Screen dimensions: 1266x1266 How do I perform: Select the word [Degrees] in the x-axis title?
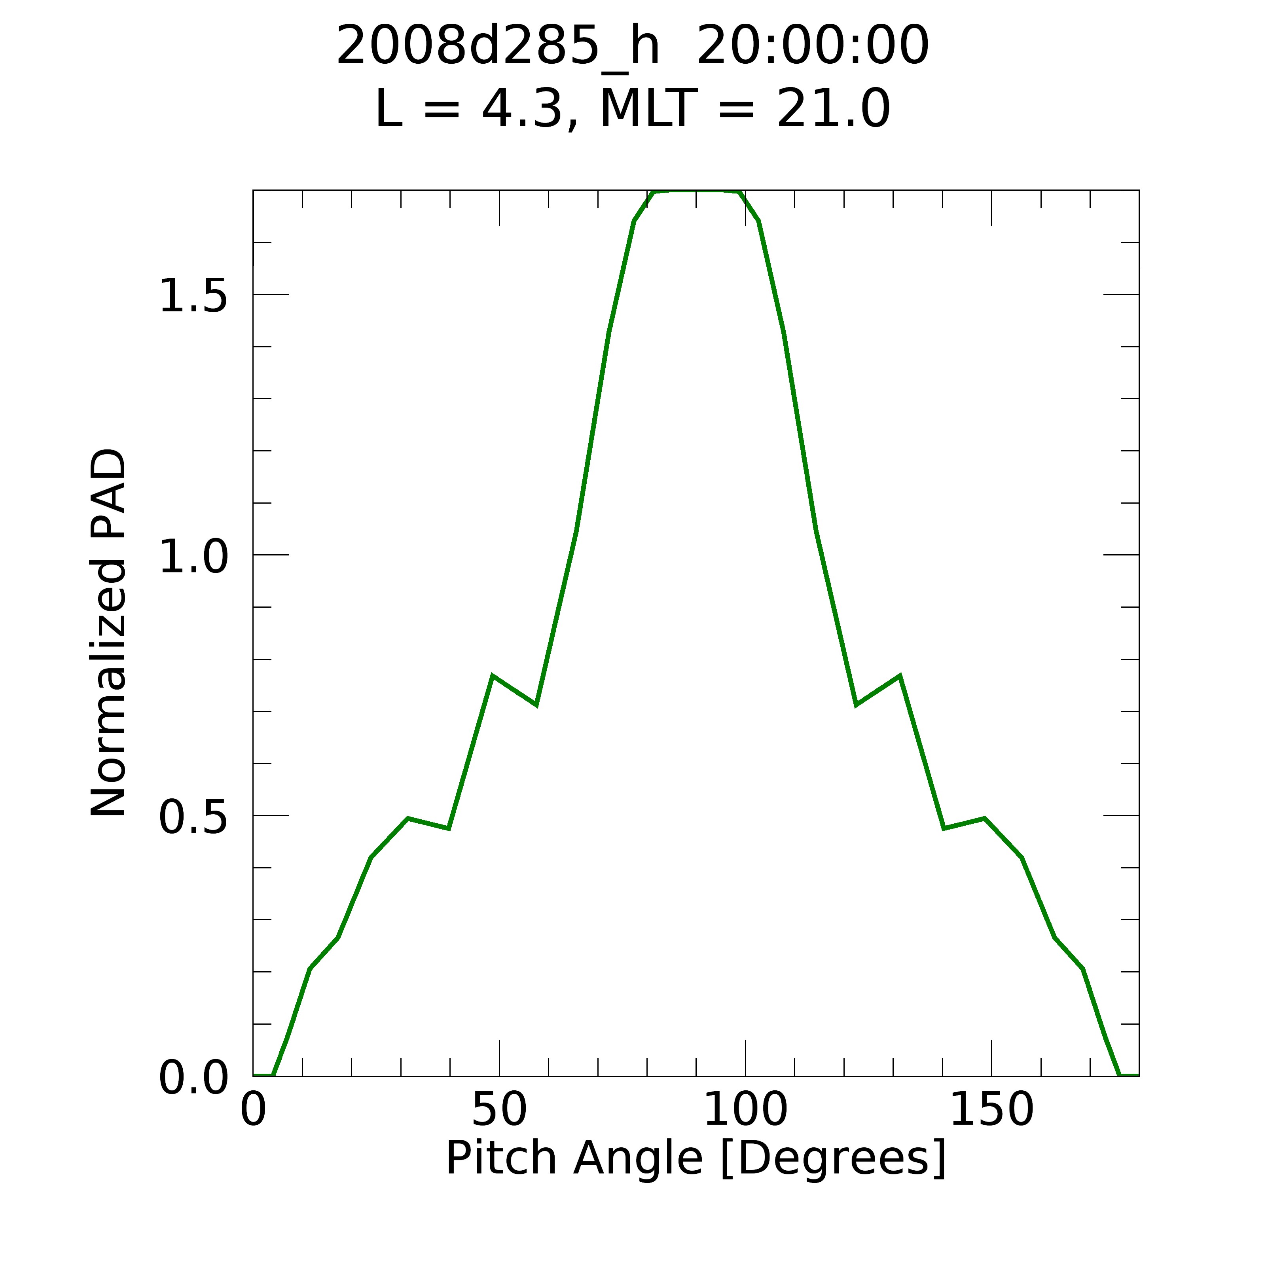[833, 1159]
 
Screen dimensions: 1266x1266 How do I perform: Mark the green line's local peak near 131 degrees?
[900, 676]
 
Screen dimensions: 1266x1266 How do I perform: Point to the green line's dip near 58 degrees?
[536, 705]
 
